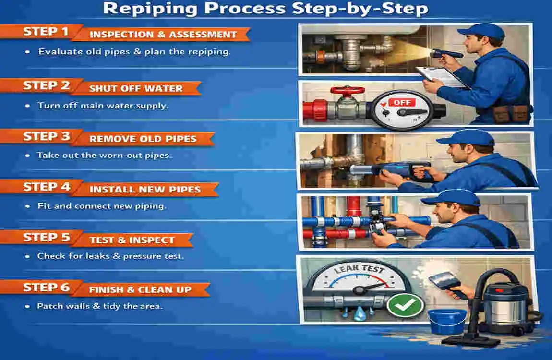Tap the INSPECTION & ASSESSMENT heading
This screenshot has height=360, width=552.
[163, 35]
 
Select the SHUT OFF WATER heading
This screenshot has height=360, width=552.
[136, 88]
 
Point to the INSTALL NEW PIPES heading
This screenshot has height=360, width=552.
[145, 189]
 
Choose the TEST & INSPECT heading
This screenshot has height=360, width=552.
[132, 240]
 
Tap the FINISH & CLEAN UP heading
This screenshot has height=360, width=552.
[140, 290]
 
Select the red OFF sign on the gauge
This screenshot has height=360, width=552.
[400, 102]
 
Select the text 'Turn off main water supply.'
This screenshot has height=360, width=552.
[103, 106]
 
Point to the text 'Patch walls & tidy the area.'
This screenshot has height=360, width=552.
[100, 306]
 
